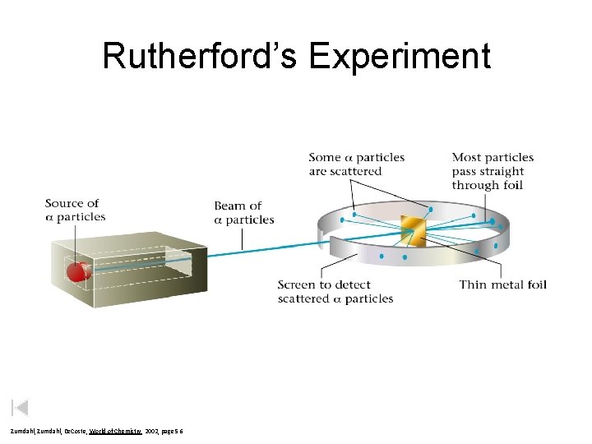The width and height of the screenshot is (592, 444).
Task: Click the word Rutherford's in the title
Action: (201, 56)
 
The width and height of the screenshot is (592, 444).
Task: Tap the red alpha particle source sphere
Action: (78, 271)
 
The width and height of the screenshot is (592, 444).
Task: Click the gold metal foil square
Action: (411, 231)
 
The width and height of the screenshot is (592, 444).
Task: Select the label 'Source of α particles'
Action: (75, 210)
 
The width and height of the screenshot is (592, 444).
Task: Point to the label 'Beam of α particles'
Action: (243, 212)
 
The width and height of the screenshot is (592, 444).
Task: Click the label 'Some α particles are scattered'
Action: (356, 164)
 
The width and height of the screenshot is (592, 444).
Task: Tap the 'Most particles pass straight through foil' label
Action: (492, 170)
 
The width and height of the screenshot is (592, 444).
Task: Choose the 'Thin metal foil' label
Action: (502, 284)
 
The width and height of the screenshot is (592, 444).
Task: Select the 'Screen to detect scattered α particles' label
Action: (335, 291)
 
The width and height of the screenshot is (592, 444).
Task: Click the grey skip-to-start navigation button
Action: (21, 407)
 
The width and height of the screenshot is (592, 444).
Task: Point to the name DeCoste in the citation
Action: (62, 431)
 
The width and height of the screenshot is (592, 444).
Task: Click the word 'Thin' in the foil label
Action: (473, 284)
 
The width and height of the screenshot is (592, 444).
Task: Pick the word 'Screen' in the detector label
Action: (297, 284)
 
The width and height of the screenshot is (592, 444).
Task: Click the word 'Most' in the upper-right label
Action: (466, 157)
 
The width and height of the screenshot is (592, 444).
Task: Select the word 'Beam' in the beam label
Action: (231, 206)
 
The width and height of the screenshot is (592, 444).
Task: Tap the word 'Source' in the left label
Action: (64, 203)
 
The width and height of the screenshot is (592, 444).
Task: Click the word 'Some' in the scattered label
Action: (323, 157)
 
